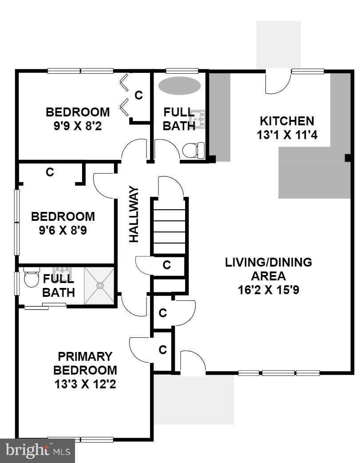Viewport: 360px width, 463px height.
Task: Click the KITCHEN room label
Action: point(286,121)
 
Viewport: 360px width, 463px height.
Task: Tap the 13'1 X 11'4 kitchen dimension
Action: point(286,135)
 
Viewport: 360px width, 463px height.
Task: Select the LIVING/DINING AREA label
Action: point(268,269)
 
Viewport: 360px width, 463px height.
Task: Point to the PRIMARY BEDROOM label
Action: point(85,363)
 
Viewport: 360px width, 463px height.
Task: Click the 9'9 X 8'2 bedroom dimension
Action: point(78,125)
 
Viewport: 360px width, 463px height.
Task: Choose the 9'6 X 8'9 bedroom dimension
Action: point(63,231)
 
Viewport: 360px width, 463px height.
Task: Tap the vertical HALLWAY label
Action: point(134,214)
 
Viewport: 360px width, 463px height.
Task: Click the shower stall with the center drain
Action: point(99,286)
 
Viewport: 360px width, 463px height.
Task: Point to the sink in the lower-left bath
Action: point(61,271)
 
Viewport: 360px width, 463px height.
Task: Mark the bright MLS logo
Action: point(37,451)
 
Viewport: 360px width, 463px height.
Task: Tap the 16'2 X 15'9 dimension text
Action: point(268,290)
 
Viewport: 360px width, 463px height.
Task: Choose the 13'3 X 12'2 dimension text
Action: point(85,383)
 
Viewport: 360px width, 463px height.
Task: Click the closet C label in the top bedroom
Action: point(138,95)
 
